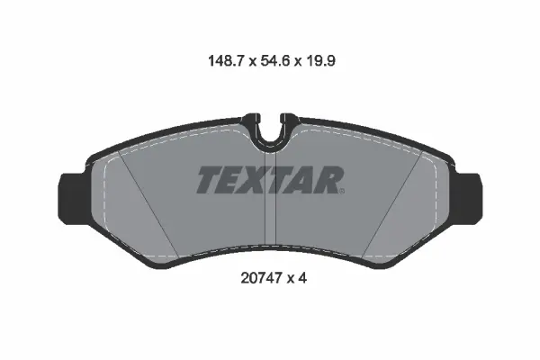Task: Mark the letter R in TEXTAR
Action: coord(327,181)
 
